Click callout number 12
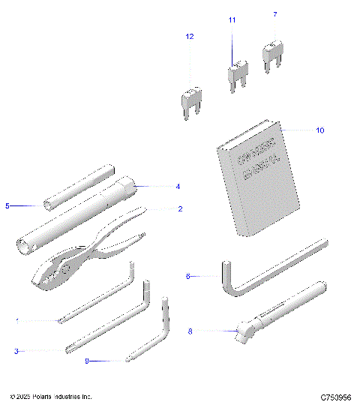(190, 36)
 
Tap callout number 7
(274, 14)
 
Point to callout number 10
(319, 130)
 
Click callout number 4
(178, 186)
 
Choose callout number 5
(7, 205)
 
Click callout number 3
(16, 350)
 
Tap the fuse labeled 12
(190, 100)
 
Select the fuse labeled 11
(237, 73)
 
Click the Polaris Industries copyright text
(51, 395)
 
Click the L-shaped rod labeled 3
(112, 322)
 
